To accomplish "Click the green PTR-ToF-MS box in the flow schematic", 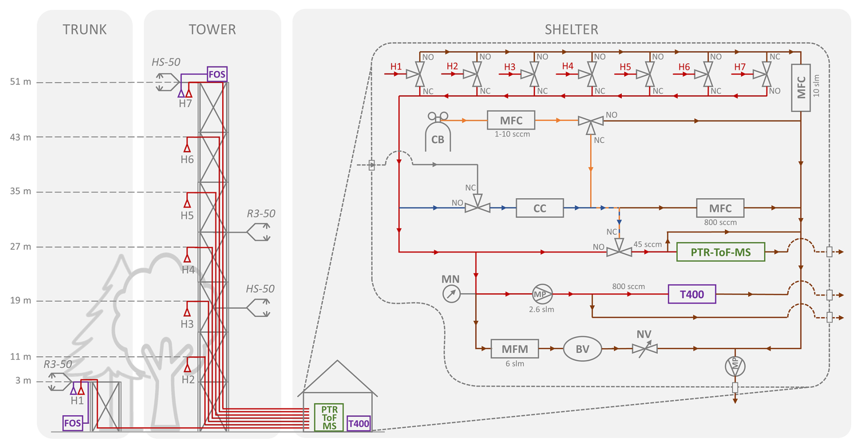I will (x=720, y=252).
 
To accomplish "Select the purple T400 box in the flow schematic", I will (x=692, y=294).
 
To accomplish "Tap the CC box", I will (x=540, y=208).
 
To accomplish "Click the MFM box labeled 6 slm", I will (x=515, y=349).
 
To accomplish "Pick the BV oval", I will (x=582, y=349).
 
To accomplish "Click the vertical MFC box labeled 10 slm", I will (x=800, y=88).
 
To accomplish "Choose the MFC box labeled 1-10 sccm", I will (x=511, y=121).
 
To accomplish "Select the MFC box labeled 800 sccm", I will (x=720, y=208).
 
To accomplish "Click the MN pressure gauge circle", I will (x=451, y=294).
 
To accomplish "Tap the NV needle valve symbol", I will (x=645, y=349).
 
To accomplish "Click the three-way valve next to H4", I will (x=591, y=74).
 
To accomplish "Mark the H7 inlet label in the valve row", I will (x=740, y=67).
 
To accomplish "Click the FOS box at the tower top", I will (x=217, y=74).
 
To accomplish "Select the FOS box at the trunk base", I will (x=73, y=423).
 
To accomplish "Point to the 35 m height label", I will (x=20, y=191).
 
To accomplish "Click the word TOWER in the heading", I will (x=212, y=30).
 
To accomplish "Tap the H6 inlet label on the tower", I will (x=187, y=159).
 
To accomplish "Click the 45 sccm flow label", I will (x=647, y=244).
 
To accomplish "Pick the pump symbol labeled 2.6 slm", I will (x=542, y=294).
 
